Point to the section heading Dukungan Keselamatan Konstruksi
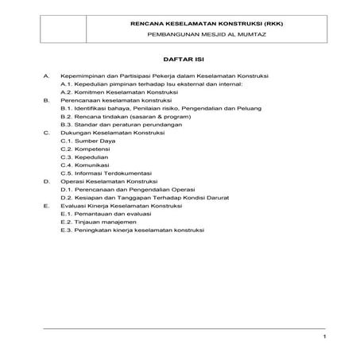point(114,134)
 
